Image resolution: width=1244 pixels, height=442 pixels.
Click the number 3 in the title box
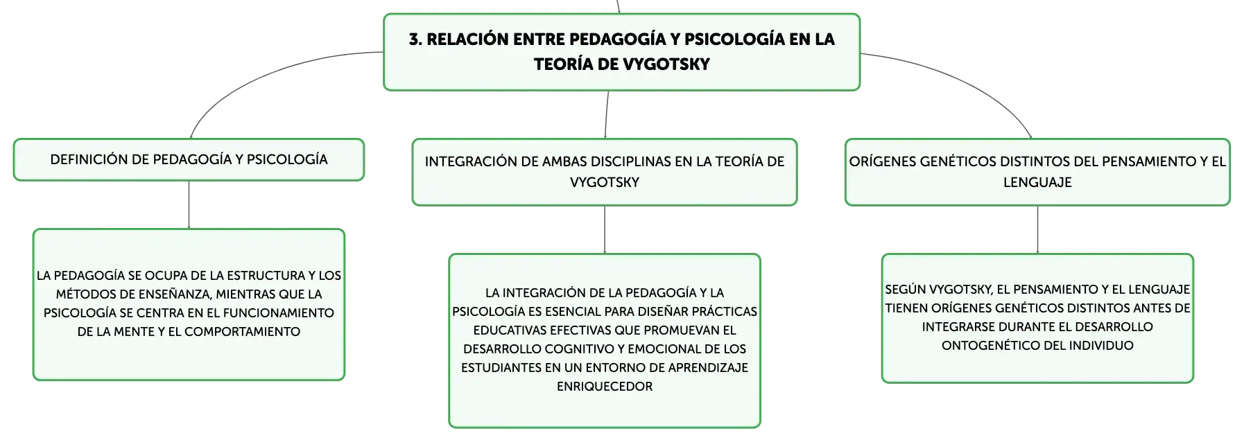tap(414, 39)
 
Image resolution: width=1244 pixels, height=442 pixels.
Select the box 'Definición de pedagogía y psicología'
tap(189, 160)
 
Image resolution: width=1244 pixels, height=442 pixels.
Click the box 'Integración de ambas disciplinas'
tap(605, 172)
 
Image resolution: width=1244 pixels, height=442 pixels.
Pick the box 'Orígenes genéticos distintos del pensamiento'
tap(1037, 172)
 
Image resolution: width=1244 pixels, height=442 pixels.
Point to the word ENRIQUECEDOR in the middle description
tap(605, 387)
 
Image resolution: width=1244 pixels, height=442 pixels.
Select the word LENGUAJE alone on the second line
tap(1037, 182)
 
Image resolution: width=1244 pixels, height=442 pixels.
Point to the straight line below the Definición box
tap(189, 205)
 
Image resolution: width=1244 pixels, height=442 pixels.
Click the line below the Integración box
tap(605, 230)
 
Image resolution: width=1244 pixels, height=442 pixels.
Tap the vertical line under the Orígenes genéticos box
tap(1037, 230)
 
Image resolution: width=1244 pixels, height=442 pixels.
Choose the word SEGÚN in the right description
tap(905, 290)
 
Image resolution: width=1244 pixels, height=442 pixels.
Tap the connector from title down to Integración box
tap(607, 115)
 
